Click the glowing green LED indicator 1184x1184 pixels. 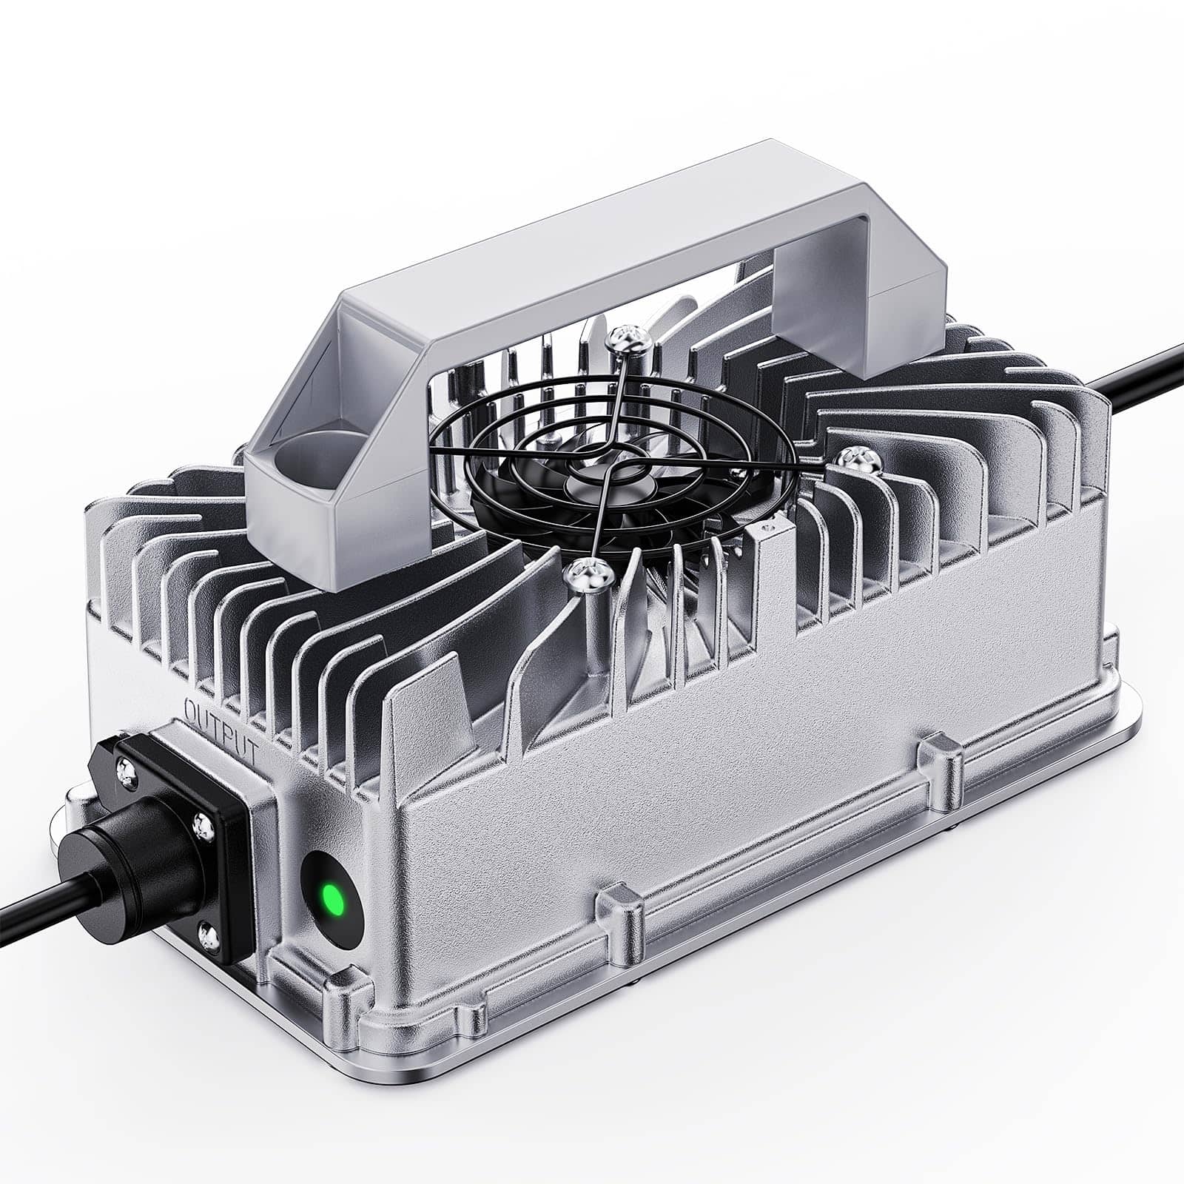point(333,901)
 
